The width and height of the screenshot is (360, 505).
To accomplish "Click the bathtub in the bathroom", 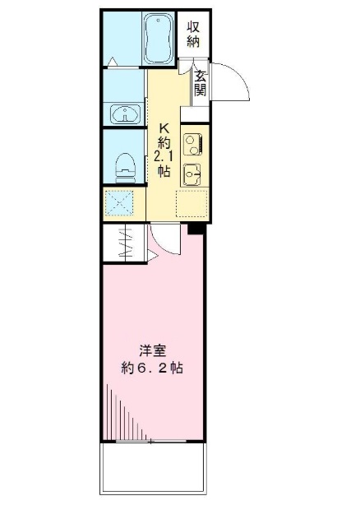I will [158, 38].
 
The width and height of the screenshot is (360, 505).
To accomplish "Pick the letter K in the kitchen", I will [163, 128].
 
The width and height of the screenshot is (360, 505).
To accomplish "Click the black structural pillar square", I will [194, 229].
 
